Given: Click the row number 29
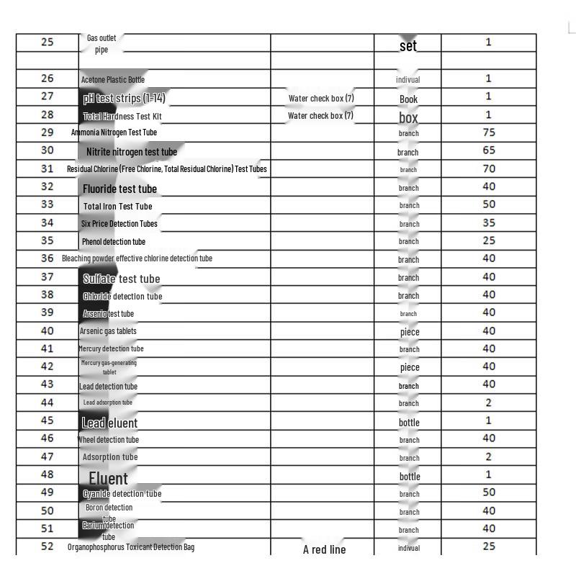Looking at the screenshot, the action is [x=48, y=132].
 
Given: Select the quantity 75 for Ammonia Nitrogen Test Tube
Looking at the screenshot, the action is [x=489, y=132].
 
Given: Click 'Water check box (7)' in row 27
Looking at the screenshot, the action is [x=321, y=98].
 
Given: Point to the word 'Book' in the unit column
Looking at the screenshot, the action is [x=408, y=99].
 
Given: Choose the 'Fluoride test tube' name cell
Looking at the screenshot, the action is [x=120, y=189].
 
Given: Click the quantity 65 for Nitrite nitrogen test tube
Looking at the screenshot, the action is [x=489, y=150].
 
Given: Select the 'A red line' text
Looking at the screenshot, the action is [x=324, y=549].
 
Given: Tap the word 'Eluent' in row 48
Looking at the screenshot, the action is [x=108, y=478].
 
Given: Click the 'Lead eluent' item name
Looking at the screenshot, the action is [x=109, y=423].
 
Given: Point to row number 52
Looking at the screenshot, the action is [x=48, y=546].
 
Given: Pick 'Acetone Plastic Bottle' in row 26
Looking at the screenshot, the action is [x=112, y=79].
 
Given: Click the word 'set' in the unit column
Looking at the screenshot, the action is [x=408, y=45].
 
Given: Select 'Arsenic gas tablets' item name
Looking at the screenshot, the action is [x=108, y=331].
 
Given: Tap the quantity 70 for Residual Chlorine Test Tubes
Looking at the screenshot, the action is [x=489, y=169].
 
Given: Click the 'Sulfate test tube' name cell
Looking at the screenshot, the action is [x=121, y=279].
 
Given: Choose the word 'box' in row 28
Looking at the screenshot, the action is [x=408, y=117].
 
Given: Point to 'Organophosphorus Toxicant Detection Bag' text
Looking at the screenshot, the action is [x=131, y=547].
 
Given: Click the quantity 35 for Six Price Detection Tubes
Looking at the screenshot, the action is [x=489, y=223].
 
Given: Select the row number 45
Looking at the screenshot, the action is [x=48, y=420].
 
